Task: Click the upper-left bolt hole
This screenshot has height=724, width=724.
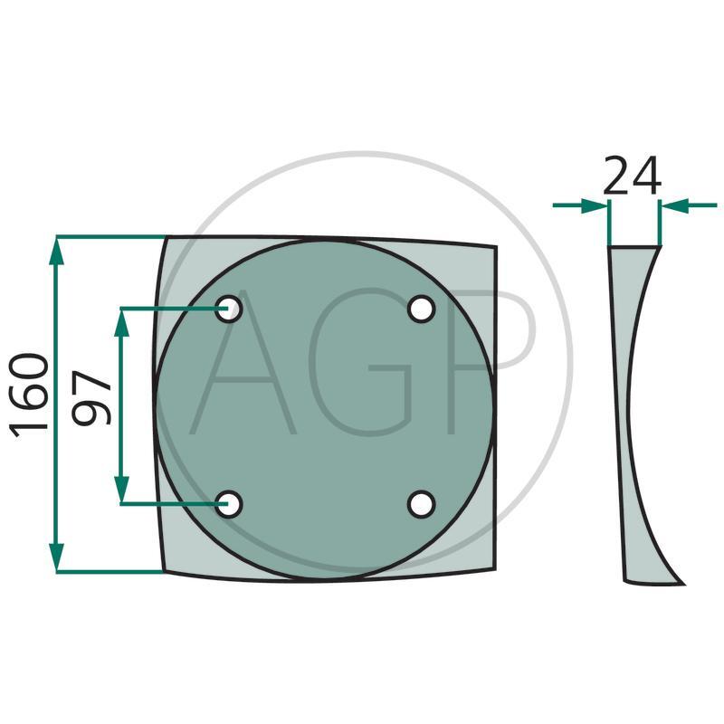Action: click(x=229, y=309)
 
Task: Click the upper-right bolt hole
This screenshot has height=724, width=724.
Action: click(x=421, y=309)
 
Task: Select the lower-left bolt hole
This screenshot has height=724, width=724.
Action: click(x=229, y=504)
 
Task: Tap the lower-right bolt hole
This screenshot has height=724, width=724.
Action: click(x=421, y=504)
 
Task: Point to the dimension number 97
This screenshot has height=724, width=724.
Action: click(x=91, y=397)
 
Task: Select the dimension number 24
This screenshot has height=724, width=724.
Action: click(x=632, y=176)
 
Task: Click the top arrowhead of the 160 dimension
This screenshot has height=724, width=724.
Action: click(x=56, y=252)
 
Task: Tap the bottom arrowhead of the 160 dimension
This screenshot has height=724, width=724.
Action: click(x=56, y=557)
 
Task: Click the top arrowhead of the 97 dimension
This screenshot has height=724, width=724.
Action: click(x=121, y=323)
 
